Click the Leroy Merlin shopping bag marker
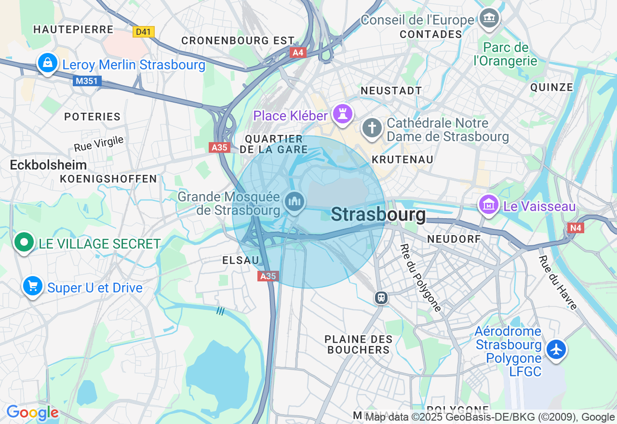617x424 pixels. (47, 63)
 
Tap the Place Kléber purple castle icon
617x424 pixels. (342, 114)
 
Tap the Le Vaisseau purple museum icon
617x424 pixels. (489, 205)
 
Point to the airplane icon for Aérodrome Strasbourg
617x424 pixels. (556, 349)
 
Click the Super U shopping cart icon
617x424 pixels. (33, 287)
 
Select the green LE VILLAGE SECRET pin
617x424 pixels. (24, 242)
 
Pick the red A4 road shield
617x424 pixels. (298, 52)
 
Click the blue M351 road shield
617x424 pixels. (87, 81)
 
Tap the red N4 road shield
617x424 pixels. (576, 228)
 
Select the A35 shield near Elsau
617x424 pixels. (268, 276)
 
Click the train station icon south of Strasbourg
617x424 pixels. (381, 297)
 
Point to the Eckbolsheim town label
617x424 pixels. (48, 165)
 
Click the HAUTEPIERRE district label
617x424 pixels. (73, 29)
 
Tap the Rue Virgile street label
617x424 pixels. (99, 144)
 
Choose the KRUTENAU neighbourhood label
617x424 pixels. (402, 159)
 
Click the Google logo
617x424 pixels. (32, 413)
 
